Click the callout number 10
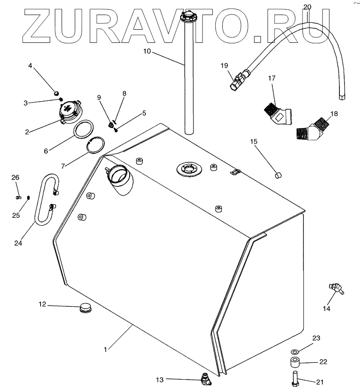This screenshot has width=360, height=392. pos(147,51)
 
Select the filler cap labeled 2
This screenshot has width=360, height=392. pos(69,112)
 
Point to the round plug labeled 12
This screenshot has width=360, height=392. pos(85,308)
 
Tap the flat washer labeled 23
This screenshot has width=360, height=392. pos(294,352)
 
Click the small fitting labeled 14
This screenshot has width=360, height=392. pos(336,289)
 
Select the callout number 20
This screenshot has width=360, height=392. pos(308,6)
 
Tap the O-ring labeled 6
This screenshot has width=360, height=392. pos(84,129)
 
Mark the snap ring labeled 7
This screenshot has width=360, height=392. pos(95,146)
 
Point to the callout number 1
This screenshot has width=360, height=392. pos(105,350)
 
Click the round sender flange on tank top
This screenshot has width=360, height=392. pos(188,169)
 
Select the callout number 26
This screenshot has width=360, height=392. pos(16,177)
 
